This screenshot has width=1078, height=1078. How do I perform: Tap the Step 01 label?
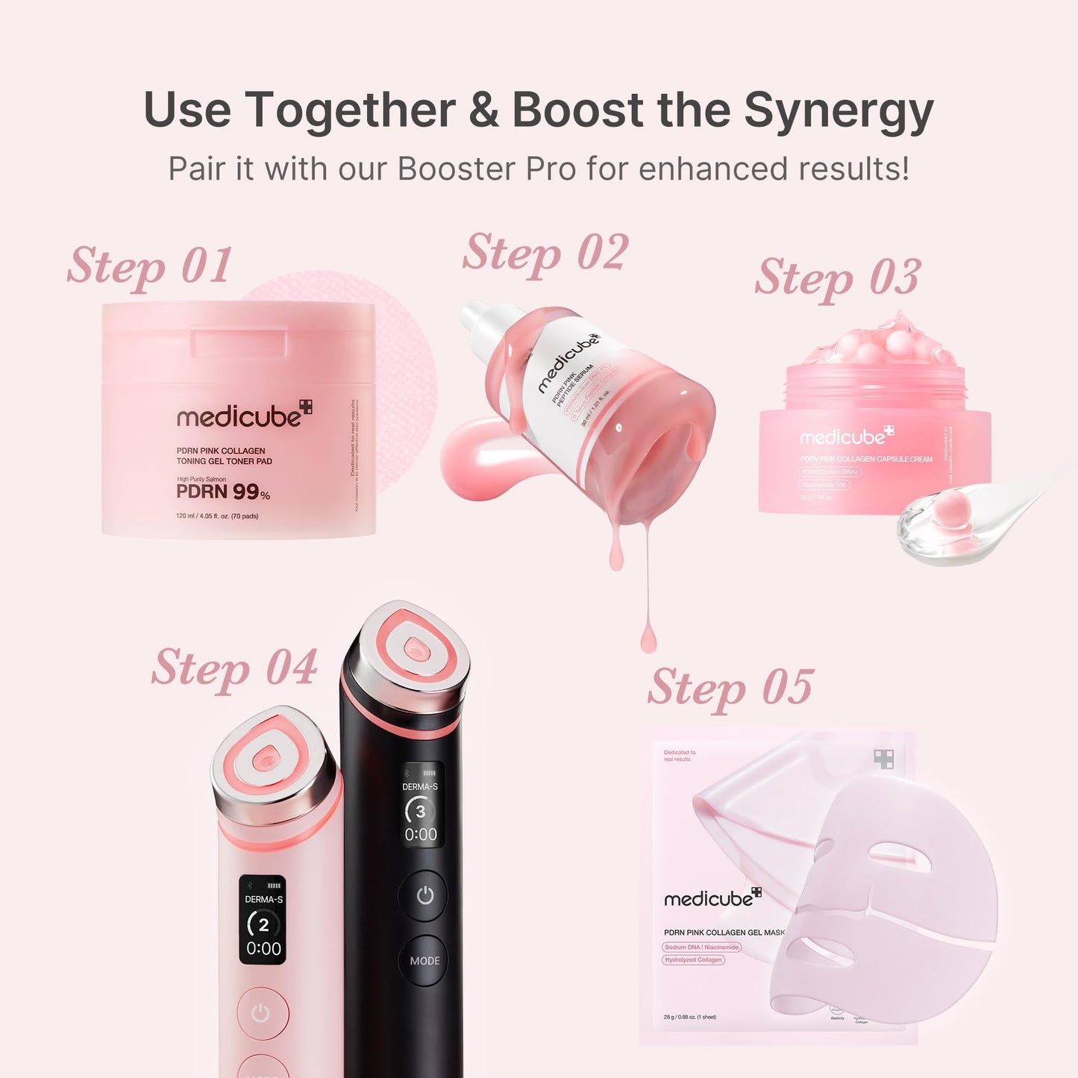149,266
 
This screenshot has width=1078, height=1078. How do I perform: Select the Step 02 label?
545,253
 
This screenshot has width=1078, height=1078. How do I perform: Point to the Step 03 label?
837,278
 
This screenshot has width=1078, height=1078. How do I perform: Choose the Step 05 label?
730,687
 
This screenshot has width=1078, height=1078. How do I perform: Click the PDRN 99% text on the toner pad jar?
222,492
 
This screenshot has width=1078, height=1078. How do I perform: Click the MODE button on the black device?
424,961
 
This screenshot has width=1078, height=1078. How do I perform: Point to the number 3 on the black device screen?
421,812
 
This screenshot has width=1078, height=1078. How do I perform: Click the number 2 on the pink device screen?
263,926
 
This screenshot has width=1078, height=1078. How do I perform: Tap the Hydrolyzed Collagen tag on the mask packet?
693,960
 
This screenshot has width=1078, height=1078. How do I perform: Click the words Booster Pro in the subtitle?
487,169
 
